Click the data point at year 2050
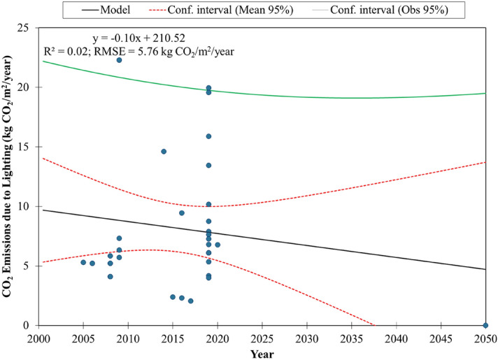point(485,325)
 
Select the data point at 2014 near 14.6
point(164,152)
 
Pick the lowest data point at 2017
point(190,301)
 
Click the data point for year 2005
point(83,262)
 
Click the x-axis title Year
point(262,353)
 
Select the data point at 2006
point(92,264)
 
